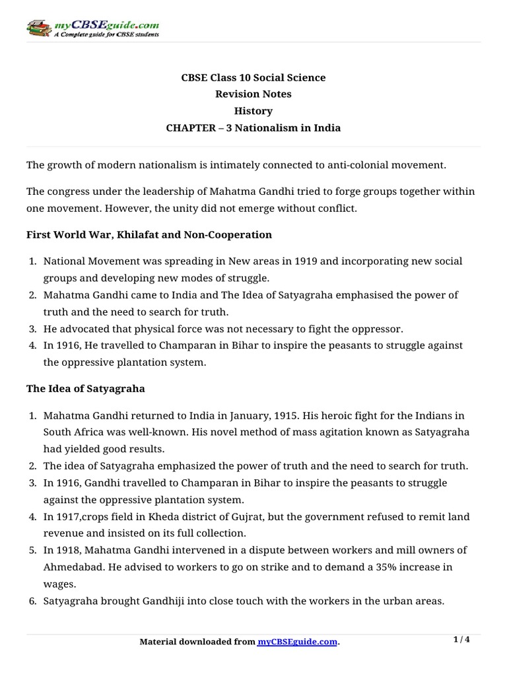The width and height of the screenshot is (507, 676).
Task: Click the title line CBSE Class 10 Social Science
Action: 253,78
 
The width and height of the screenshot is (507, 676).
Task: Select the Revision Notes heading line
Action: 253,94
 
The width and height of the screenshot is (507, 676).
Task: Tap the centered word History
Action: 253,112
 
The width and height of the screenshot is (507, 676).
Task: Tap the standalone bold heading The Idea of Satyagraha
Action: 86,389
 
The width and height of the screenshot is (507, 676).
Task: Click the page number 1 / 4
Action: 461,640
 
